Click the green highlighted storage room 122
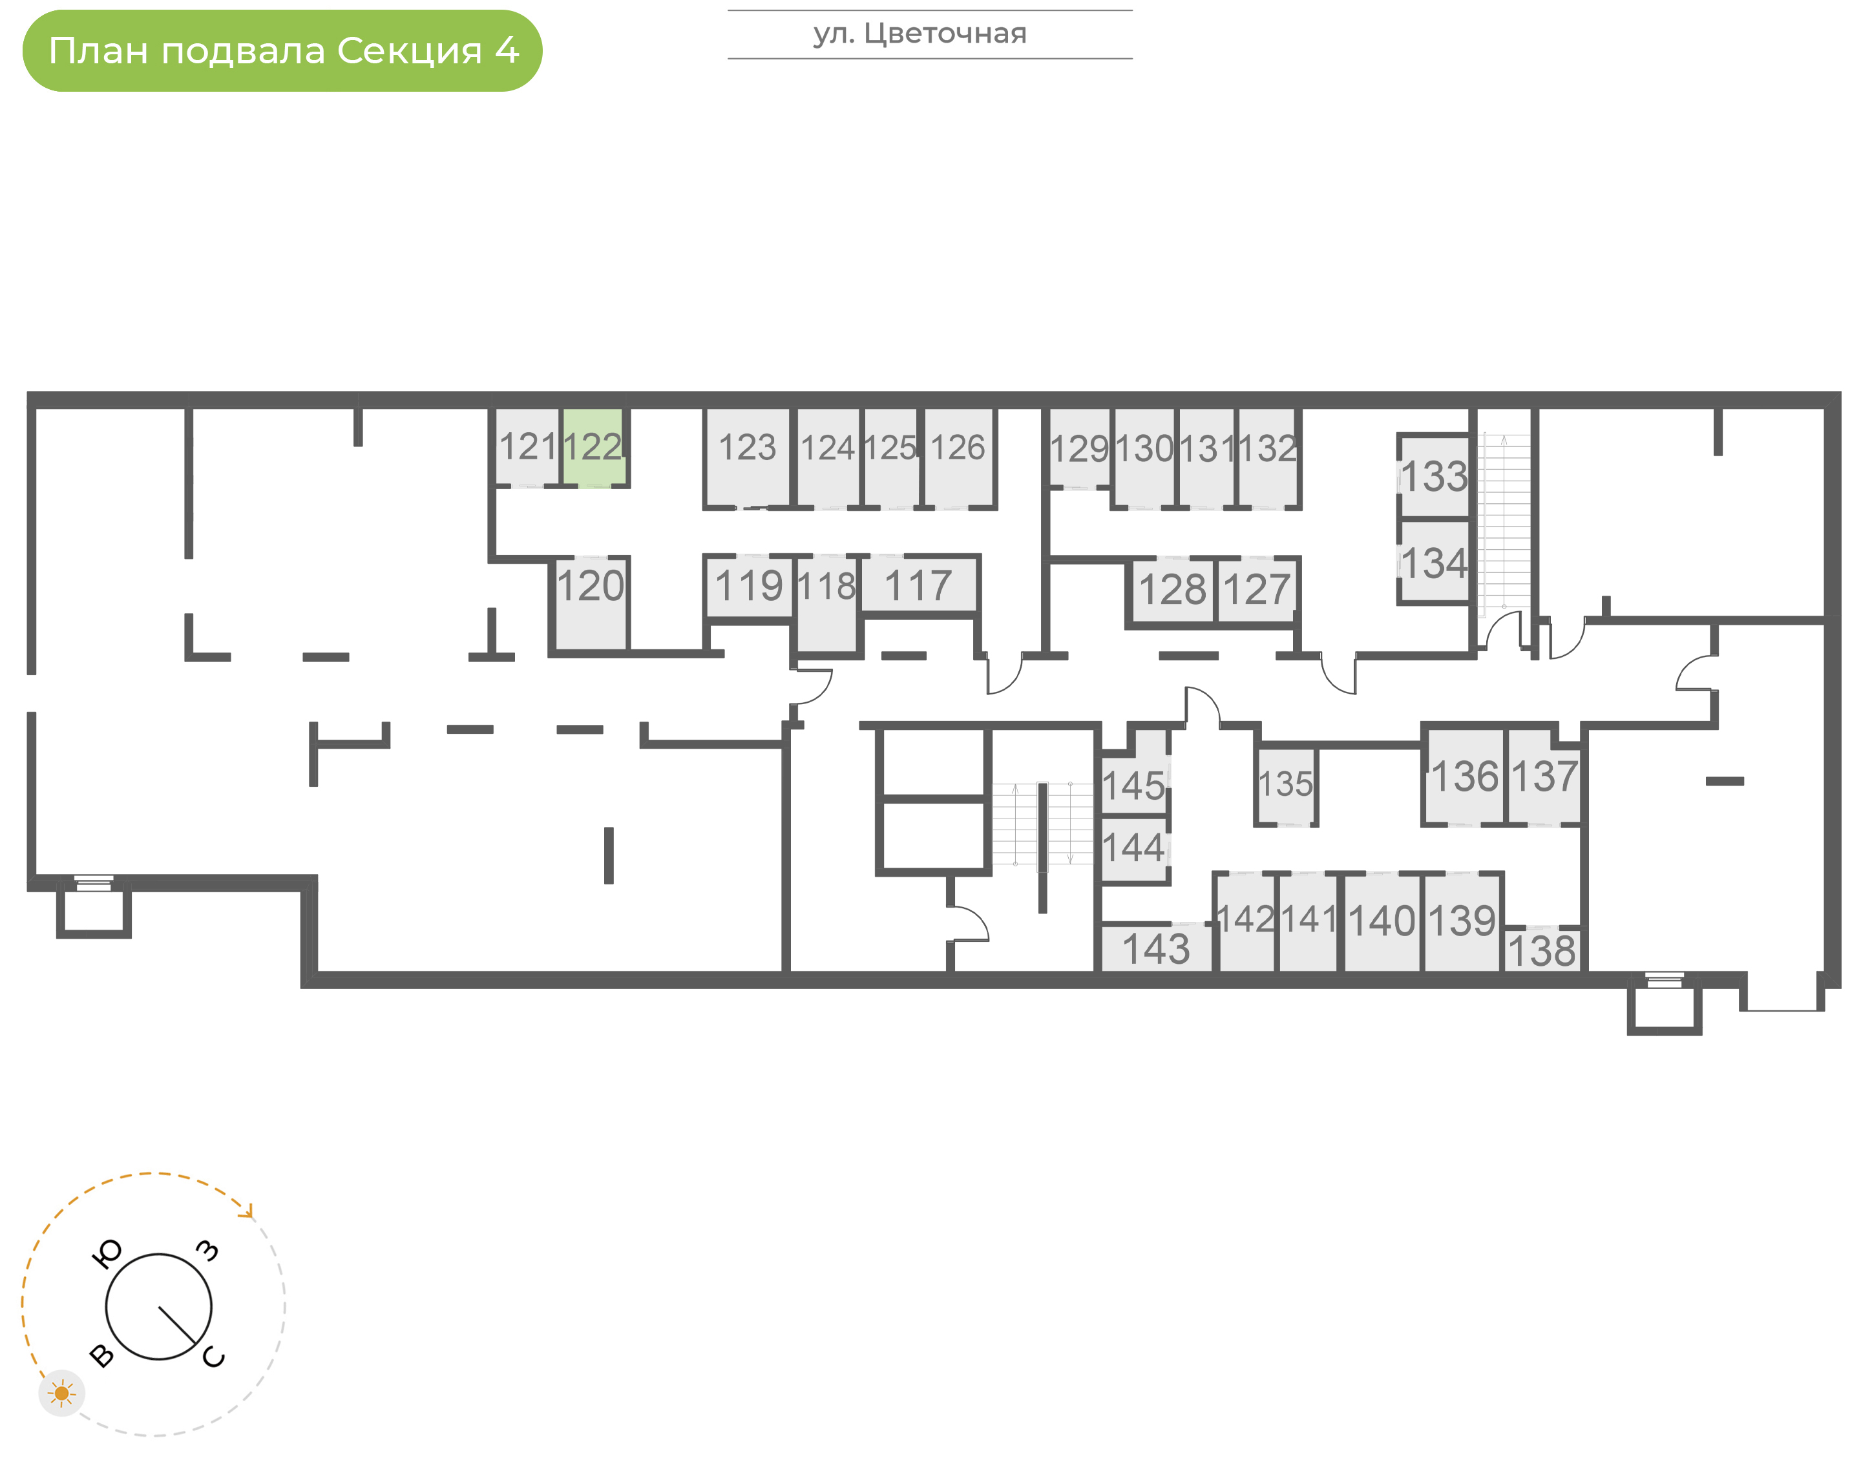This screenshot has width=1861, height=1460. tap(593, 447)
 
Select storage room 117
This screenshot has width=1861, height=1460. tap(918, 585)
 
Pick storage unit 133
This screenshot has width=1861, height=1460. tap(1434, 477)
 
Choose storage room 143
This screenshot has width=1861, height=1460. tap(1156, 948)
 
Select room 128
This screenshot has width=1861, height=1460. tap(1172, 590)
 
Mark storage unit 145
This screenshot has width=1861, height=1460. tap(1133, 785)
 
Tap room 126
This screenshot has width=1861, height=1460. tap(958, 457)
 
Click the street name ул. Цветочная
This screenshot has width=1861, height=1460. tap(920, 34)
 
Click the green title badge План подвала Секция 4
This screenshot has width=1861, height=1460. tap(282, 50)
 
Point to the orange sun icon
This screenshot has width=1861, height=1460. tap(61, 1394)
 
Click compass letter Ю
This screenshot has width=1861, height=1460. tap(106, 1254)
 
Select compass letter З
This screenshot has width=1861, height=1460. tap(207, 1251)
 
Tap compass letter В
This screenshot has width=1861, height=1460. tap(101, 1356)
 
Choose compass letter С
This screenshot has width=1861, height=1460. tap(214, 1357)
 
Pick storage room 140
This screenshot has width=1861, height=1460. tap(1381, 923)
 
